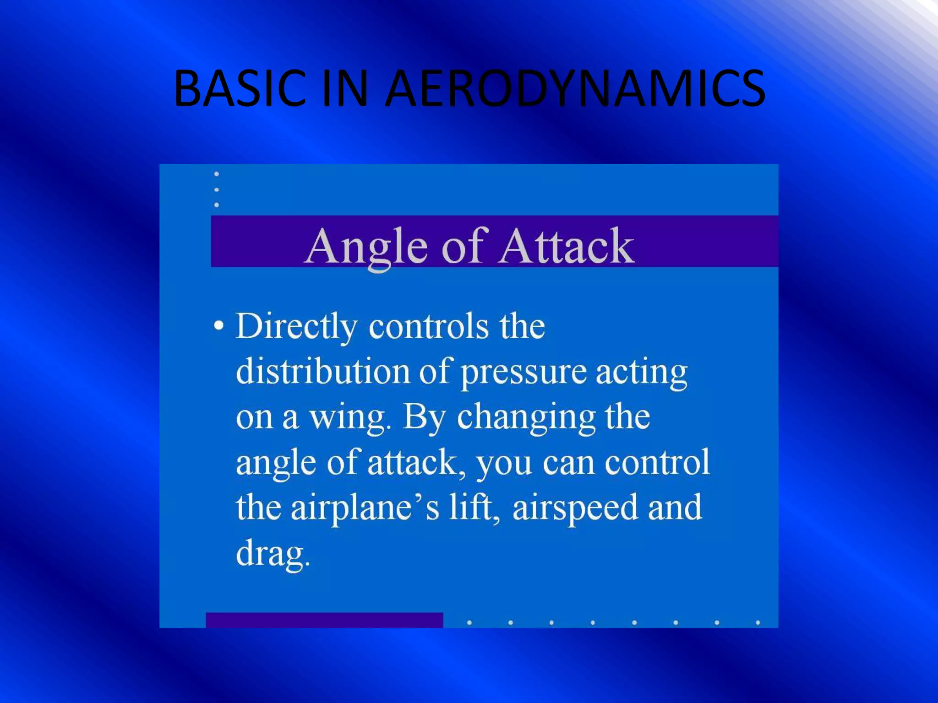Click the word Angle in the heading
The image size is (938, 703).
[x=366, y=247]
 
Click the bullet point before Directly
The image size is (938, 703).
[x=219, y=326]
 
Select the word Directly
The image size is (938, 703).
[x=296, y=327]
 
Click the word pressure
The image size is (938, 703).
[x=523, y=373]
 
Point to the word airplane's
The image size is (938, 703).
[x=365, y=508]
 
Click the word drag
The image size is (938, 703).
[x=273, y=554]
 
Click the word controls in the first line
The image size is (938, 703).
[x=429, y=327]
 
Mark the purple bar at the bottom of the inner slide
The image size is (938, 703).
[x=324, y=620]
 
